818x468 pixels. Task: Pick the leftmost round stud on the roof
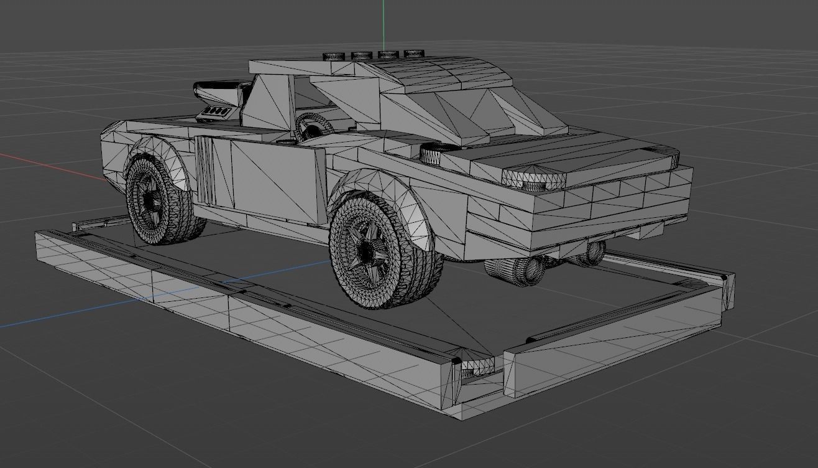(333, 56)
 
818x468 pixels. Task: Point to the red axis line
(50, 165)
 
